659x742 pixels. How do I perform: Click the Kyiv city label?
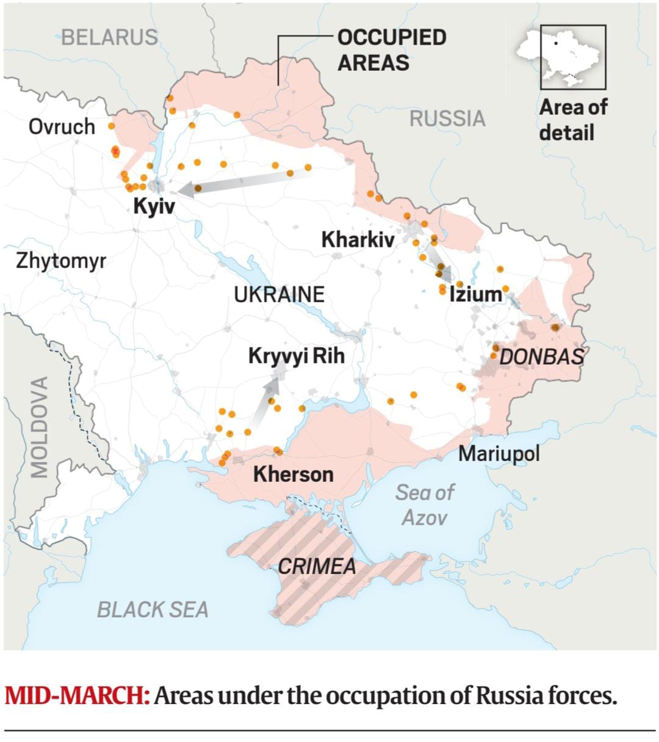tap(154, 206)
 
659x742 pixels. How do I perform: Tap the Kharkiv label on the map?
tap(358, 239)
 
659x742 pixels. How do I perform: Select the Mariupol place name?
tap(499, 454)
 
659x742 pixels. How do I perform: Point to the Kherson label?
tap(293, 474)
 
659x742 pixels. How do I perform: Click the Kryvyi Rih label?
tap(296, 355)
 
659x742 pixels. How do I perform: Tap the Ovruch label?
tap(62, 127)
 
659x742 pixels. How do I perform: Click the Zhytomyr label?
tap(61, 261)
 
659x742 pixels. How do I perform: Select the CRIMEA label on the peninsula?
tap(317, 566)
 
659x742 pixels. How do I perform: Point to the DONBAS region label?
tap(541, 357)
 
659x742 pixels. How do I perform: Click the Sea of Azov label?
tap(424, 504)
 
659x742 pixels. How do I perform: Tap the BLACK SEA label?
tap(153, 609)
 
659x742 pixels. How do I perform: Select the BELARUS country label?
tap(109, 37)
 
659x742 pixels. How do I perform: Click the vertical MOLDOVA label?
tap(40, 427)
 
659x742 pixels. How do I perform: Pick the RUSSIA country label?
tap(447, 118)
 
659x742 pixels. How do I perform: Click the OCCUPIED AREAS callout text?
tap(391, 49)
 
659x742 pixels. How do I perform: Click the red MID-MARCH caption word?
tap(77, 696)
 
